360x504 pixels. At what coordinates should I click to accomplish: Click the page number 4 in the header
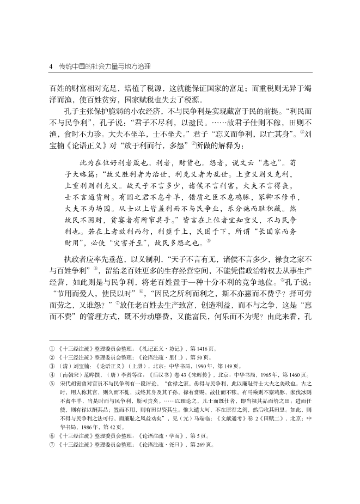51,66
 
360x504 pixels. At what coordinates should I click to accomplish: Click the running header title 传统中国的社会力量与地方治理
104,66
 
